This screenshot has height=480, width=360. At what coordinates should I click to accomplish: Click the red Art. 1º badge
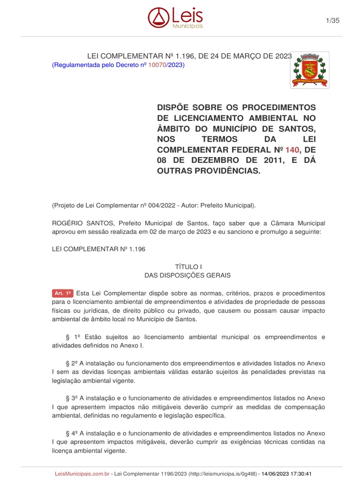(x=62, y=293)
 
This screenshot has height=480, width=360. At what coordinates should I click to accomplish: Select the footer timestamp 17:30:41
(x=300, y=474)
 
